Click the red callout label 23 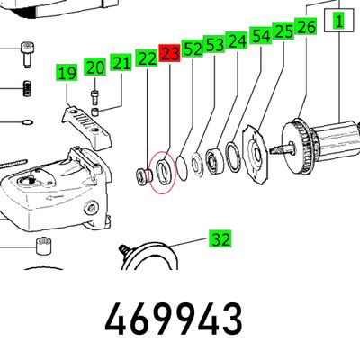[x=169, y=54]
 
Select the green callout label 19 [x=67, y=73]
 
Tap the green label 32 [x=220, y=239]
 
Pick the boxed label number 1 [x=339, y=21]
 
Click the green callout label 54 [x=261, y=36]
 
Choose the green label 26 [x=306, y=26]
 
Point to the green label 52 [x=193, y=49]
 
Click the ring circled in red [x=165, y=172]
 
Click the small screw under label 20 [x=94, y=96]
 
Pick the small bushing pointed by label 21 [x=95, y=112]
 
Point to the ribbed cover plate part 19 [x=86, y=126]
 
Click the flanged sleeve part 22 [x=144, y=176]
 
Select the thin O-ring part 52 [x=182, y=167]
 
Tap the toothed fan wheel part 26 [x=300, y=147]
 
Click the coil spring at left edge [x=28, y=89]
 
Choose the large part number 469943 [x=174, y=319]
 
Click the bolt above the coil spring [x=26, y=55]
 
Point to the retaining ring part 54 [x=232, y=157]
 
